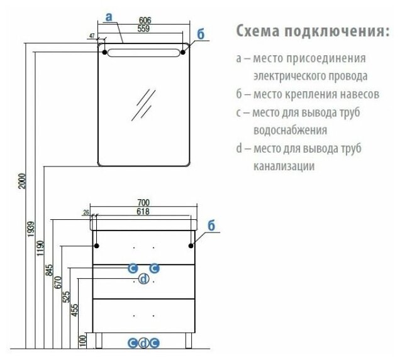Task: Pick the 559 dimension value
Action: tap(144, 29)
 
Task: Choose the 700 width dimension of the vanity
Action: tap(143, 202)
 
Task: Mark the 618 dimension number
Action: tap(143, 212)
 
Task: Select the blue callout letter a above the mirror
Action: tap(109, 18)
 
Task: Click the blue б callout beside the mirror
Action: tap(200, 35)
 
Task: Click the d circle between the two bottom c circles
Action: tap(143, 342)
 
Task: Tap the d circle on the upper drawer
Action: tap(143, 280)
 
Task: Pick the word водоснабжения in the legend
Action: tap(290, 131)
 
